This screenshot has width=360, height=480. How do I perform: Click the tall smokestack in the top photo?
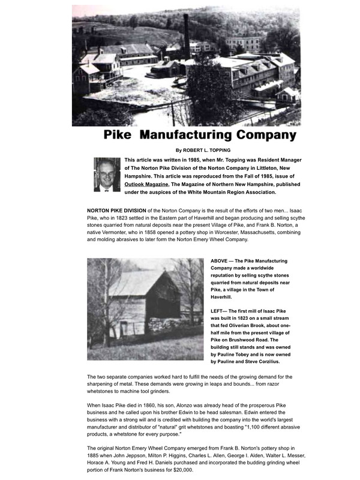[187, 36]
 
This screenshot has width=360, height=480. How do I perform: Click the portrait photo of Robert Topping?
[107, 174]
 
